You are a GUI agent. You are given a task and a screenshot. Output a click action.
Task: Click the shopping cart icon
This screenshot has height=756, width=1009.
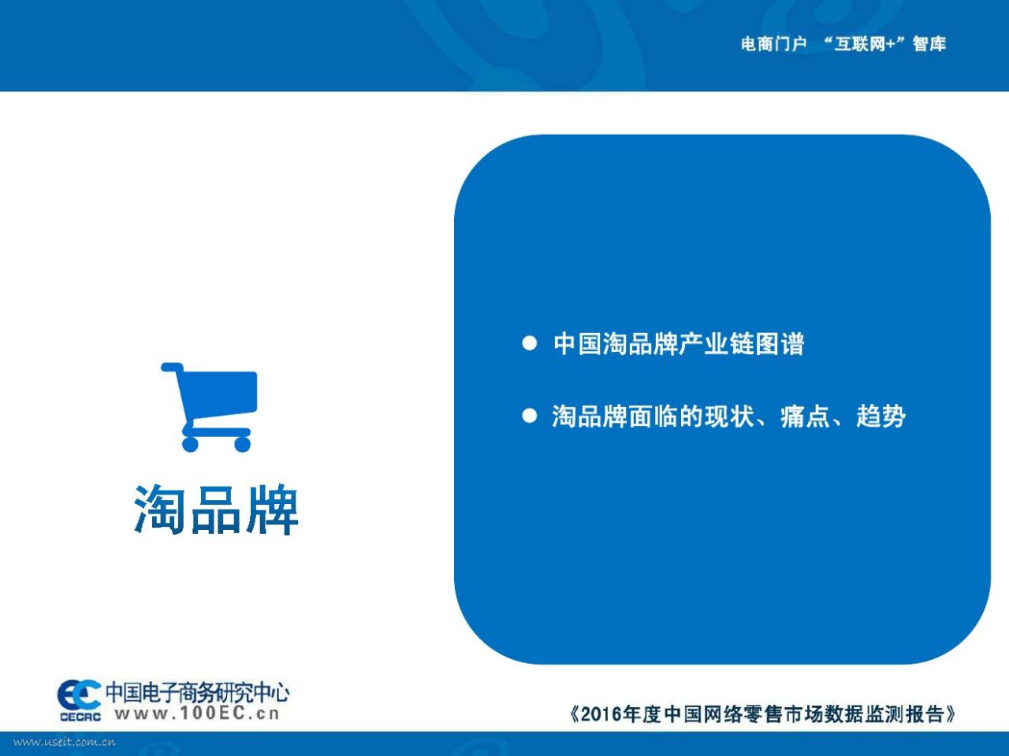coord(209,407)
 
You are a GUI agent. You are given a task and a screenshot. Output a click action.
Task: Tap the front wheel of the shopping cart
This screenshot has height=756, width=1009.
coord(242,444)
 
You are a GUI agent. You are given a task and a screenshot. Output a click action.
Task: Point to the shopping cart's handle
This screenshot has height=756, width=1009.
coord(172,367)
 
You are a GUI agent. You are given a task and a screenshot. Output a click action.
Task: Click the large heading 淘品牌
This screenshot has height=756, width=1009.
coord(216,509)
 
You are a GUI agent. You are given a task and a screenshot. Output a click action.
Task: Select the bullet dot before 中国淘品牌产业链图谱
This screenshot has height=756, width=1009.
coord(530,343)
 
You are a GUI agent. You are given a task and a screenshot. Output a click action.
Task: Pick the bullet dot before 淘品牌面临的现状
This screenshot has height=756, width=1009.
coord(530,416)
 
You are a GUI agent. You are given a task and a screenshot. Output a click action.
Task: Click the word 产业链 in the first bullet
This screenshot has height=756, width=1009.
coord(717,343)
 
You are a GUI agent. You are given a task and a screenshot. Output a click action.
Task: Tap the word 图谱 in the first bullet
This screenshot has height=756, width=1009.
coord(780,343)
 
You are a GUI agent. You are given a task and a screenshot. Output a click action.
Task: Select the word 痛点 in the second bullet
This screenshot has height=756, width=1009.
coord(806,417)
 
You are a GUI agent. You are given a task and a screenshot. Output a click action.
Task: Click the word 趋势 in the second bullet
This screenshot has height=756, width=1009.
coord(881,417)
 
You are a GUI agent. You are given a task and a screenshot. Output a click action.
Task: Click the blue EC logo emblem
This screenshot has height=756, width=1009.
coord(79,695)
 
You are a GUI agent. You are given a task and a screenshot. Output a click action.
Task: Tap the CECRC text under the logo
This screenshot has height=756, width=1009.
coord(80,717)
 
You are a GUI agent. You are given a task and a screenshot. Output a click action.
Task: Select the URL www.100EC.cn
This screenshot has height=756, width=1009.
coord(197,713)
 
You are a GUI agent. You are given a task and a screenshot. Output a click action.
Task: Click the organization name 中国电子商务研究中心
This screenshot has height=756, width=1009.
coord(198,692)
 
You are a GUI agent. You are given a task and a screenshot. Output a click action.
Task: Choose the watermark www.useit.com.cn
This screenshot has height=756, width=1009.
coord(65,743)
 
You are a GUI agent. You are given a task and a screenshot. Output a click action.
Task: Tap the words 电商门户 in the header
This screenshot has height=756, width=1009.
coord(773,44)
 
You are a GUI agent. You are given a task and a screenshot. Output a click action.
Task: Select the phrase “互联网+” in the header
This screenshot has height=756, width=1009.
coord(864,43)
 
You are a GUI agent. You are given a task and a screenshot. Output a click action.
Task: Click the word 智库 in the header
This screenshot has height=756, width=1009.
coord(929,44)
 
